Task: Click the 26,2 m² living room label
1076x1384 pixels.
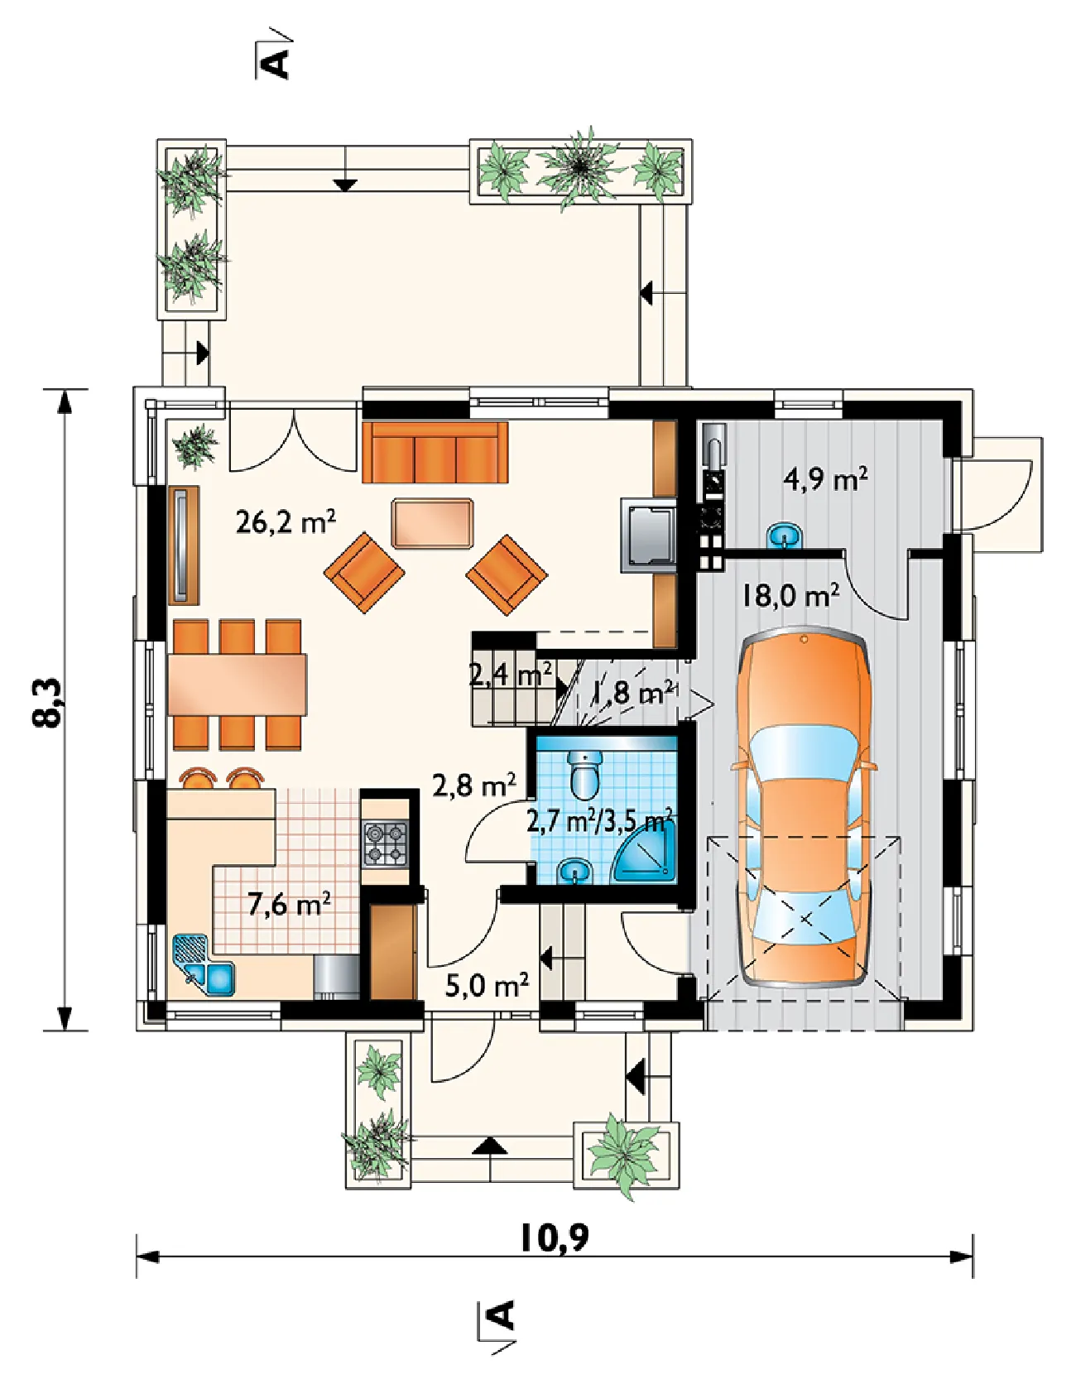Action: coord(286,521)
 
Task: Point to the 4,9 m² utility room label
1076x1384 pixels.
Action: coord(825,478)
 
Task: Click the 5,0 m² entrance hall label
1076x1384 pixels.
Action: coord(487,985)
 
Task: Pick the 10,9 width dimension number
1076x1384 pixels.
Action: coord(554,1237)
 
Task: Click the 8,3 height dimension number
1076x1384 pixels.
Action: coord(47,703)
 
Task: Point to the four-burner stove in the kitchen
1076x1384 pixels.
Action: coord(386,843)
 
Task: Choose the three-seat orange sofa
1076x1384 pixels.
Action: coord(435,452)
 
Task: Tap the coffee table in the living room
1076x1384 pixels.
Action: coord(433,523)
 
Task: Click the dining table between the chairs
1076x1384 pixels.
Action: coord(237,685)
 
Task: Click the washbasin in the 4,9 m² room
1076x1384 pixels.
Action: coord(785,536)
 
